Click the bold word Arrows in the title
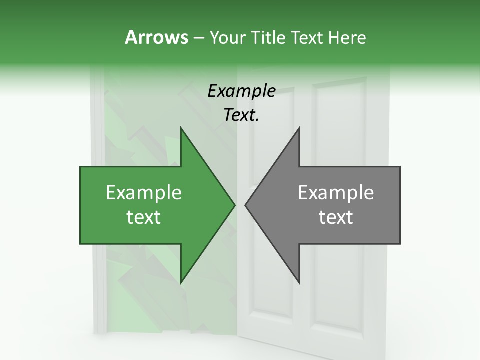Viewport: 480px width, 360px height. (x=156, y=37)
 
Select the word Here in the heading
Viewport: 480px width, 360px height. (x=347, y=37)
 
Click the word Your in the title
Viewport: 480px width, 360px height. (x=227, y=37)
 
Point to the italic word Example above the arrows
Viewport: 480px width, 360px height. (x=242, y=91)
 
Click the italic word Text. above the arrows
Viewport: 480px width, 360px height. (x=242, y=115)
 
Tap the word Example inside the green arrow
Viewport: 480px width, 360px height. (x=144, y=193)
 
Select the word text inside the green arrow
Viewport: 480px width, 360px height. (x=144, y=217)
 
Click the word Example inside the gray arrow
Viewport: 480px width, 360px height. (x=336, y=193)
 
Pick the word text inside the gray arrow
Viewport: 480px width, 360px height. (x=336, y=217)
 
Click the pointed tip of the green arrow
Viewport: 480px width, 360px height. (x=234, y=205)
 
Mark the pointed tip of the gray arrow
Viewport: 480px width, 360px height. (x=245, y=205)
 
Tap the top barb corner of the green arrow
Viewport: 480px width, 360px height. (x=181, y=128)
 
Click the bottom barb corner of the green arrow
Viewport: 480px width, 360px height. (x=181, y=283)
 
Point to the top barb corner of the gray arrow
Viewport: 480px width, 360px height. (x=299, y=128)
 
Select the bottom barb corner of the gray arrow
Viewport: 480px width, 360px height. (x=299, y=283)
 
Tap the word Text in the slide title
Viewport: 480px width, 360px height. (x=307, y=37)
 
